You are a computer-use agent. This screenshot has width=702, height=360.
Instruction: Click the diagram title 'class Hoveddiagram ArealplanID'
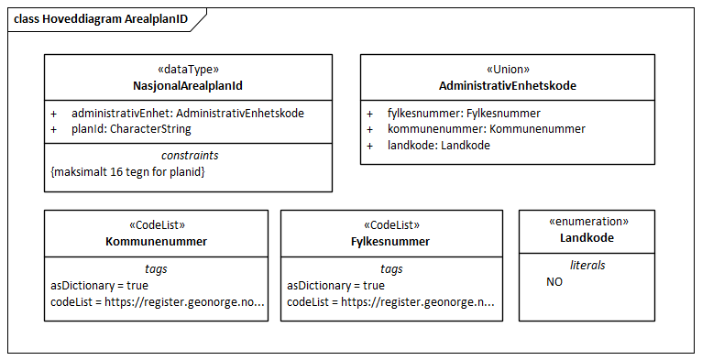pyautogui.click(x=101, y=18)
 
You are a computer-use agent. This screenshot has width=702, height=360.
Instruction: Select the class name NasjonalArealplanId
pyautogui.click(x=188, y=86)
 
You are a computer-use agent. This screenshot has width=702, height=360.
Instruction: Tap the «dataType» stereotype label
pyautogui.click(x=188, y=70)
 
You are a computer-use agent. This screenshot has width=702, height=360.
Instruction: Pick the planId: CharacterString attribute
pyautogui.click(x=131, y=129)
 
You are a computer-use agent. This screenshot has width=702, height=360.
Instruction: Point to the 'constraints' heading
pyautogui.click(x=189, y=156)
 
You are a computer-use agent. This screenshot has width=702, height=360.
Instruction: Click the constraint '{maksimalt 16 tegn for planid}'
pyautogui.click(x=127, y=171)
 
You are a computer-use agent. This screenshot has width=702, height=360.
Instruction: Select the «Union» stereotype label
pyautogui.click(x=508, y=70)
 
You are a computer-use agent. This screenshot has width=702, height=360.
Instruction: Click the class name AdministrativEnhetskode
pyautogui.click(x=508, y=86)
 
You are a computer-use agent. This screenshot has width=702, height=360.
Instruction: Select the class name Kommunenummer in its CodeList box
pyautogui.click(x=156, y=242)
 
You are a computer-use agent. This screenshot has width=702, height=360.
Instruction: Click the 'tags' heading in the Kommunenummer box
pyautogui.click(x=157, y=269)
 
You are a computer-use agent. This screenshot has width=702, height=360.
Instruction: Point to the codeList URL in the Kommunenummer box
pyautogui.click(x=157, y=302)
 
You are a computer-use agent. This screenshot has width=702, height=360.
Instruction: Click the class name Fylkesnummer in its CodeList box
pyautogui.click(x=391, y=242)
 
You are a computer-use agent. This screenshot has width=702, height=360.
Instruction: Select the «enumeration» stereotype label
pyautogui.click(x=587, y=222)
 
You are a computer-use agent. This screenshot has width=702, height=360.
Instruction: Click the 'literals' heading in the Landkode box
pyautogui.click(x=587, y=266)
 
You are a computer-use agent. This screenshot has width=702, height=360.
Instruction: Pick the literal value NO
pyautogui.click(x=554, y=282)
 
